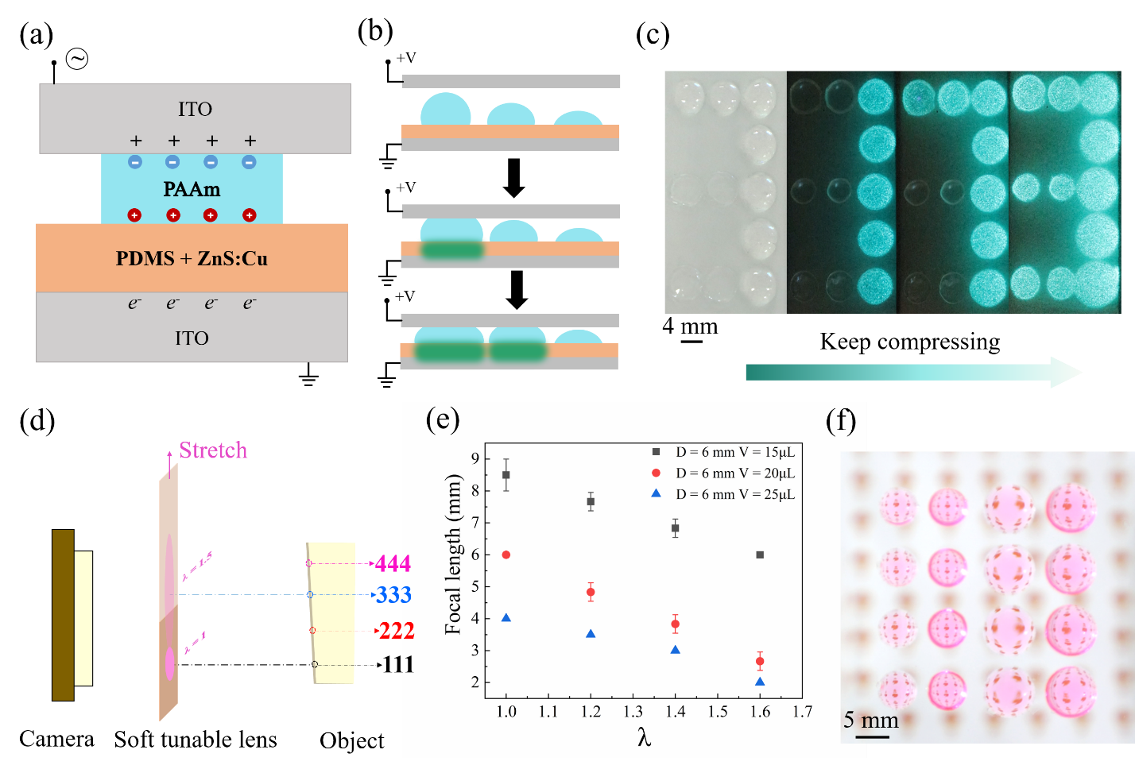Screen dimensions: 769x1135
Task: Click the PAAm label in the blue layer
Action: click(x=192, y=189)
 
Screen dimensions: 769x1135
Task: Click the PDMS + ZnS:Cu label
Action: click(x=192, y=258)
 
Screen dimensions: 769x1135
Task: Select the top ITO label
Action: click(x=195, y=109)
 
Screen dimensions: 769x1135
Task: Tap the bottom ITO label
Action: click(x=192, y=338)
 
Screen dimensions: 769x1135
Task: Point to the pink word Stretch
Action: click(x=213, y=450)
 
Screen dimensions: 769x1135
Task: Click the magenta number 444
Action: click(x=393, y=563)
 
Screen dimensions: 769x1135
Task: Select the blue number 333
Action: click(x=393, y=594)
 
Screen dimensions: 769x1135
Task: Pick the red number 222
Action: click(x=397, y=631)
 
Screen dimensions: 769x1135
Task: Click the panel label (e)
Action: click(x=443, y=419)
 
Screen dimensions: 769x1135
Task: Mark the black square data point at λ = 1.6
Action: click(x=760, y=555)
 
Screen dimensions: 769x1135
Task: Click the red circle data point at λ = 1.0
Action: click(x=506, y=555)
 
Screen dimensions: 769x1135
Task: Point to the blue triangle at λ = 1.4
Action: click(x=676, y=650)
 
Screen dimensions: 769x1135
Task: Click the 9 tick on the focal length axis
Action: click(x=475, y=458)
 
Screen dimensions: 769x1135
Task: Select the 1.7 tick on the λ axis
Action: click(x=802, y=711)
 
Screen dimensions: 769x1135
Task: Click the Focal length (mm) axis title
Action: click(x=453, y=554)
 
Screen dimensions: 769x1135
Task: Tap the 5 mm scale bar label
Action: click(x=870, y=720)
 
